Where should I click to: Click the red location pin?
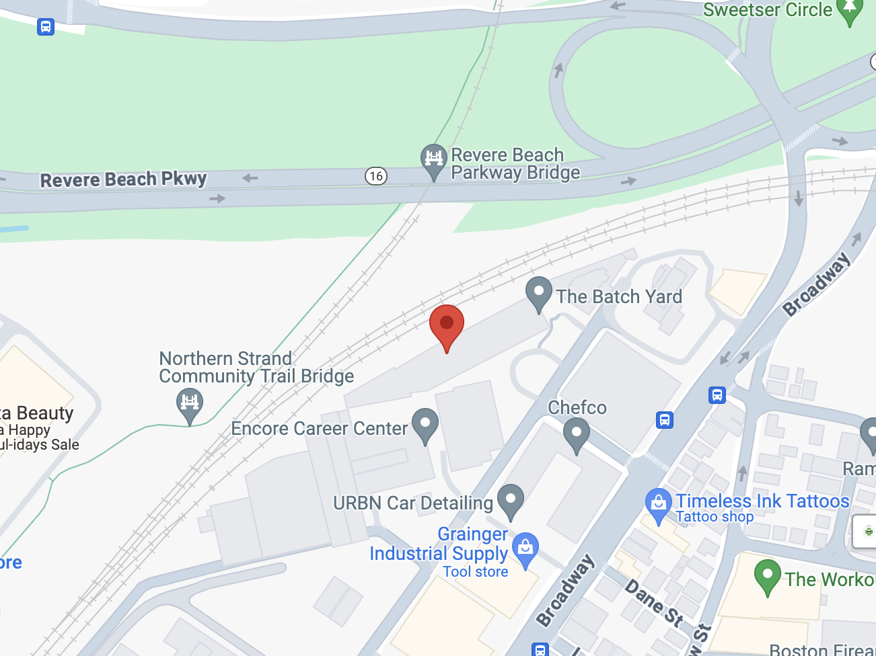(x=447, y=325)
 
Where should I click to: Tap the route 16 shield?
(x=376, y=176)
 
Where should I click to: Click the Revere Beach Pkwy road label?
(x=124, y=179)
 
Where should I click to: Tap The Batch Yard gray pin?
(x=538, y=292)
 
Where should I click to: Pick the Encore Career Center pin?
(x=425, y=424)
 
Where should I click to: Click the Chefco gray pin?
(x=577, y=434)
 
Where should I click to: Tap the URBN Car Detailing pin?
(x=511, y=500)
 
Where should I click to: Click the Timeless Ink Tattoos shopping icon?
(x=658, y=503)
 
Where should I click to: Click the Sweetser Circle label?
(x=768, y=9)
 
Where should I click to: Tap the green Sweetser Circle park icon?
(x=849, y=9)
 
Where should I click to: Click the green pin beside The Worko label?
(x=767, y=575)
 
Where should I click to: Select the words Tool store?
(x=476, y=572)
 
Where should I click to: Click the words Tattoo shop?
(x=715, y=517)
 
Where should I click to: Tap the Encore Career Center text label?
(x=319, y=429)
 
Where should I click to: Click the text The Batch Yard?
(x=619, y=296)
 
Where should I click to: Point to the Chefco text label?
(x=577, y=407)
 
